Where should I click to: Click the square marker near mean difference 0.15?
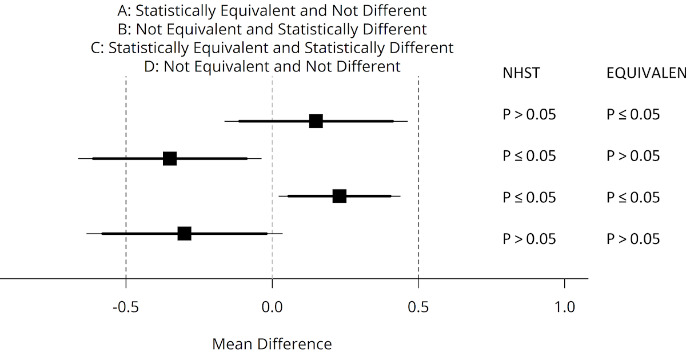[x=316, y=121]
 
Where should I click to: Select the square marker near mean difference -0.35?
[x=170, y=159]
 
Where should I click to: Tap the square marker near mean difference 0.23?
[x=340, y=196]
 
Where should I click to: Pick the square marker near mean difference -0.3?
[x=184, y=233]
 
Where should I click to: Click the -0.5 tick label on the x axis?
[x=126, y=307]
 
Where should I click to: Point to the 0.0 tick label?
[x=272, y=307]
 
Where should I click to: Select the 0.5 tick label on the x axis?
[x=418, y=307]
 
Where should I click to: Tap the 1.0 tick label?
[x=565, y=307]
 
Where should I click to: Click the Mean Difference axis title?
[x=272, y=344]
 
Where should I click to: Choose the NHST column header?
[x=521, y=73]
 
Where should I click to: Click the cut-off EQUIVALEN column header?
[x=645, y=73]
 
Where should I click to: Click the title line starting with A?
[x=272, y=10]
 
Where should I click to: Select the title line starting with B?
[x=272, y=29]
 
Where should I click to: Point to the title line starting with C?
[x=272, y=47]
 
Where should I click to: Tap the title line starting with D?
[x=272, y=66]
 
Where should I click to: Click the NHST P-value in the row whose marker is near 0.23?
[x=529, y=197]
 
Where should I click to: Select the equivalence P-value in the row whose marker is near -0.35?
[x=633, y=156]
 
